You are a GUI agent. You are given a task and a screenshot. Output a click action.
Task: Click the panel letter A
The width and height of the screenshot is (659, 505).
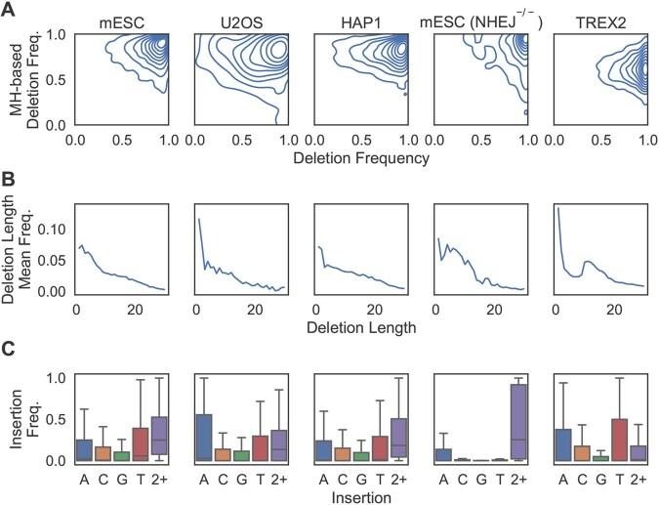[x=9, y=10]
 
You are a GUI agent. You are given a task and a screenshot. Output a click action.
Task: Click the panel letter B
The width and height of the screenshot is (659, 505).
[x=9, y=182]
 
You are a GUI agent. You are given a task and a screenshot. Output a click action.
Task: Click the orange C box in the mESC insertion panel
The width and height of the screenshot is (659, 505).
[x=103, y=453]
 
